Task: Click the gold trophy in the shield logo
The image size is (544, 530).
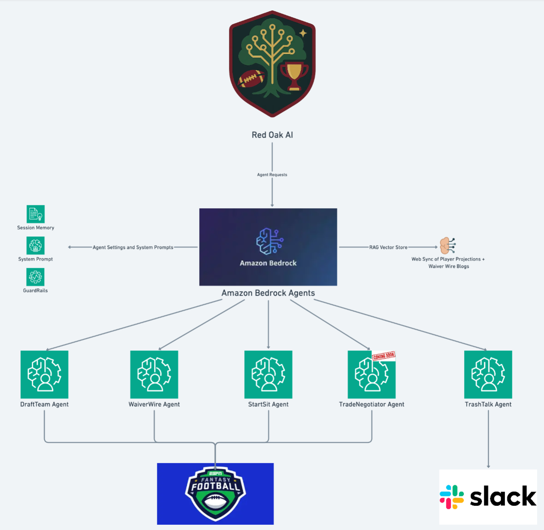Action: [x=294, y=75]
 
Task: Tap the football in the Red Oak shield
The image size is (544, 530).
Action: [x=251, y=79]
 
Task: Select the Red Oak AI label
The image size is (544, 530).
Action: [x=272, y=135]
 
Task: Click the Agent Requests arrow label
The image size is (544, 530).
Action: [x=272, y=175]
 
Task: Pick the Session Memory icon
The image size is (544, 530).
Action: [x=35, y=214]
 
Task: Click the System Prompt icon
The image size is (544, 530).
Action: [x=35, y=245]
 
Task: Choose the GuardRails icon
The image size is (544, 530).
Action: [x=35, y=277]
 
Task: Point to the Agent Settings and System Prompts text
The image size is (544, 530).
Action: [x=133, y=247]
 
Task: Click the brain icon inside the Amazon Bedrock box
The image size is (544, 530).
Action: [x=270, y=241]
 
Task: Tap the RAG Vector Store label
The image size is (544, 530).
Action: [x=388, y=247]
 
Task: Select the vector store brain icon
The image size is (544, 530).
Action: [x=447, y=245]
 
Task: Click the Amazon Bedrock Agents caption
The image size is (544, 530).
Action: [x=268, y=293]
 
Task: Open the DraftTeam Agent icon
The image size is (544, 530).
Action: [x=44, y=374]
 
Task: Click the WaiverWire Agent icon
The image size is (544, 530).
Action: [x=154, y=374]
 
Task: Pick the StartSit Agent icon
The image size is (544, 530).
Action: [x=268, y=374]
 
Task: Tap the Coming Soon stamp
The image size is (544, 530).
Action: [x=383, y=356]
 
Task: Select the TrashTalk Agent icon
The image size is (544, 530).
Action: [x=488, y=374]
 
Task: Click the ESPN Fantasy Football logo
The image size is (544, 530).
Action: [x=215, y=494]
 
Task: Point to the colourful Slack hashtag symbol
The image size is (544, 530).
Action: [x=452, y=497]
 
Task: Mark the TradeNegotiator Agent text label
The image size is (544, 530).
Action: [x=371, y=404]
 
